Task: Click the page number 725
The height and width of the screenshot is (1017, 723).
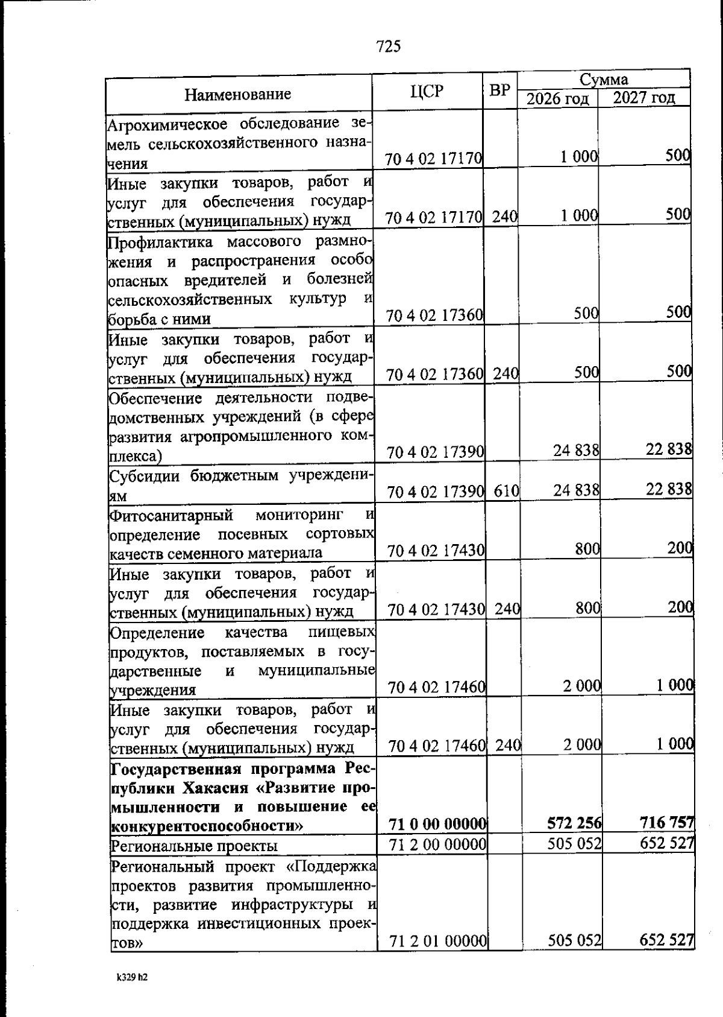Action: click(x=388, y=46)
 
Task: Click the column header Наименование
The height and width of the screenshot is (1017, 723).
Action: click(x=237, y=94)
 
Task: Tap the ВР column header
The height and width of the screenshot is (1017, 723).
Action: click(x=499, y=90)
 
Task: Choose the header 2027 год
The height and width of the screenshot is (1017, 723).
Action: click(x=643, y=98)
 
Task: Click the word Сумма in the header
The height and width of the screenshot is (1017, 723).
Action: click(x=604, y=80)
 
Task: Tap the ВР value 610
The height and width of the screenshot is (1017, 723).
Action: click(x=507, y=491)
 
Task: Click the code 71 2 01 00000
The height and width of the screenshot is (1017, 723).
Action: click(x=438, y=957)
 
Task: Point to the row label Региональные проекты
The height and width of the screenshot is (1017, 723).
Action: click(x=195, y=846)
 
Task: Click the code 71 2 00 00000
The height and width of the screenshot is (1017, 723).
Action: click(x=438, y=844)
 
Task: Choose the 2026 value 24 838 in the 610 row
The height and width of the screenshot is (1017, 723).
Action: click(x=577, y=490)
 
